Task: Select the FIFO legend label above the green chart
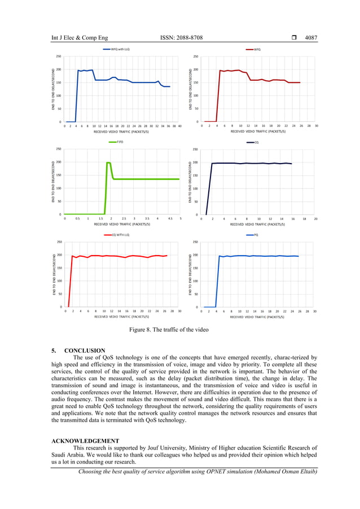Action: click(120, 142)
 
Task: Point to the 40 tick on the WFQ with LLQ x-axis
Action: click(180, 126)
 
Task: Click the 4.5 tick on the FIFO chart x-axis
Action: click(169, 219)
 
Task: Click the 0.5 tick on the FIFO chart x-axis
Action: click(77, 219)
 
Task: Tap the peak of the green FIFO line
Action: click(108, 163)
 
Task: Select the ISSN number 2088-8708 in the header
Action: click(181, 38)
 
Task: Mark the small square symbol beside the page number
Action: click(295, 38)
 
